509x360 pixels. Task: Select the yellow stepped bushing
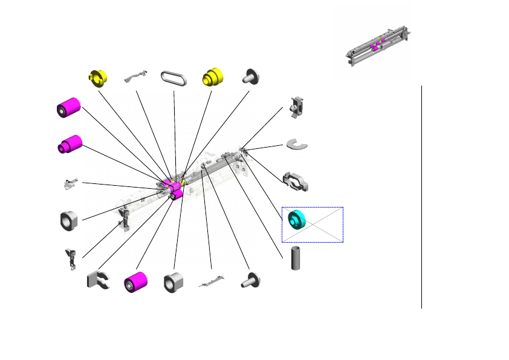pyautogui.click(x=212, y=76)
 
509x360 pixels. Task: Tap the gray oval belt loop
pyautogui.click(x=174, y=78)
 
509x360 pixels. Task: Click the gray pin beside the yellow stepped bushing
pyautogui.click(x=250, y=76)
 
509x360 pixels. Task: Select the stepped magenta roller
pyautogui.click(x=70, y=145)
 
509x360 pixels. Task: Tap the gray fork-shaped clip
pyautogui.click(x=97, y=280)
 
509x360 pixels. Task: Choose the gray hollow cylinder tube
pyautogui.click(x=296, y=258)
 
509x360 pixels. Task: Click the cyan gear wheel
pyautogui.click(x=296, y=220)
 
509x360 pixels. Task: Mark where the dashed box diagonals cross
pyautogui.click(x=313, y=225)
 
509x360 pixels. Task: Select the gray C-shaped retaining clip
pyautogui.click(x=298, y=144)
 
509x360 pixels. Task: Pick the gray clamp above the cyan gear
pyautogui.click(x=296, y=180)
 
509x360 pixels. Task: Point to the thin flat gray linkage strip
pyautogui.click(x=212, y=281)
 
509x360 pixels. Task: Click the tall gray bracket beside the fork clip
pyautogui.click(x=70, y=258)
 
